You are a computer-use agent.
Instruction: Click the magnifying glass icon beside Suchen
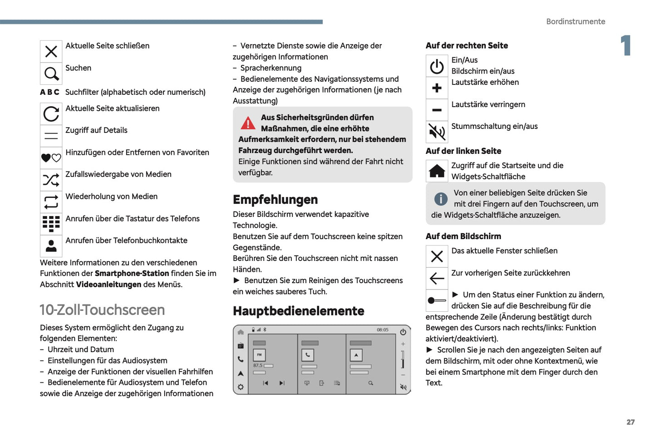(x=51, y=74)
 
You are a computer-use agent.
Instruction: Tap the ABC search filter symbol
(x=49, y=92)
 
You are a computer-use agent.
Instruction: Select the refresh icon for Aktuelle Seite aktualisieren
(x=51, y=114)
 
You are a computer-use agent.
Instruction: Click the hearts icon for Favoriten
(x=51, y=158)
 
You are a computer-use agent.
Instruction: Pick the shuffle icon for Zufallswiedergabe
(x=51, y=180)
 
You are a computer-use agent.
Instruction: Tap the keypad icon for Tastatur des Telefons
(x=51, y=224)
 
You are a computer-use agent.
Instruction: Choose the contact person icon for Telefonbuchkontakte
(x=51, y=246)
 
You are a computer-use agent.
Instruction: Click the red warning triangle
(x=248, y=123)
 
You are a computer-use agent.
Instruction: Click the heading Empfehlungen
(x=275, y=200)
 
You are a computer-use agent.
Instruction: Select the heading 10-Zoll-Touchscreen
(x=102, y=310)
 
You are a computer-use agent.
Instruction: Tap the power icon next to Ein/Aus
(x=437, y=67)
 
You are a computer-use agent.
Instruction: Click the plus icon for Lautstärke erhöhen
(x=437, y=88)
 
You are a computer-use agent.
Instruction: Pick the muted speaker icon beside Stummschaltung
(x=437, y=132)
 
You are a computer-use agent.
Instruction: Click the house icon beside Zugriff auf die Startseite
(x=437, y=171)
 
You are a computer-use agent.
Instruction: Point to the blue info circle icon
(x=440, y=199)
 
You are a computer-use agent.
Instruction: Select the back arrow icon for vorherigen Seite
(x=437, y=278)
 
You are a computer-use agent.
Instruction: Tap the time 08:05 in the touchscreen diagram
(x=382, y=330)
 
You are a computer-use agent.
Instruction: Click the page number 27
(x=631, y=422)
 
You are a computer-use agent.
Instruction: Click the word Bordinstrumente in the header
(x=575, y=21)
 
